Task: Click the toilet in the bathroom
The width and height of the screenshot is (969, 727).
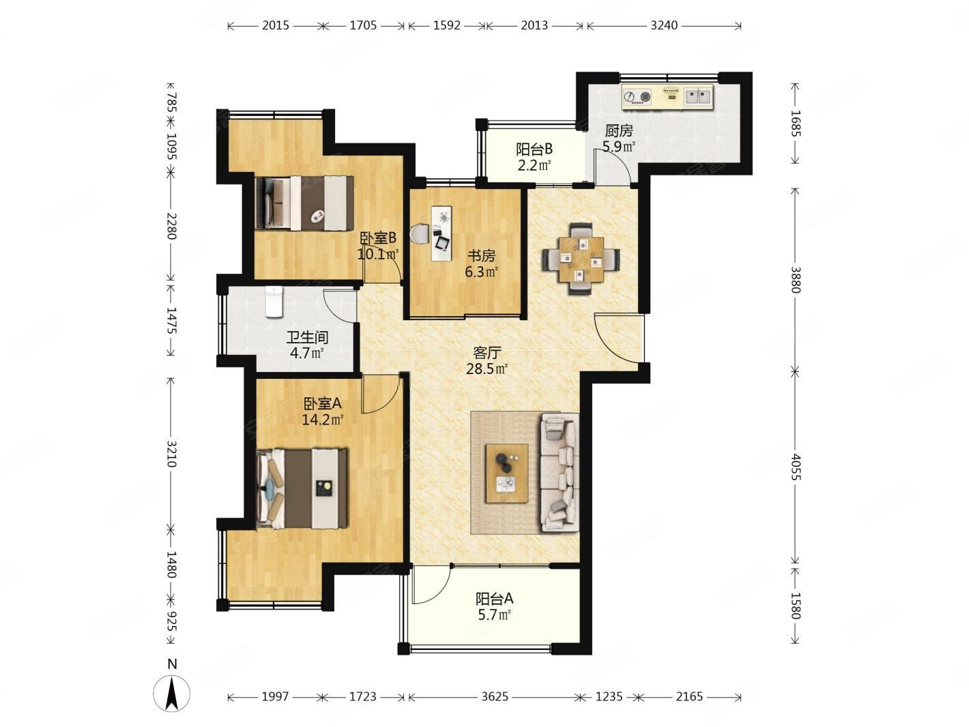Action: (274, 302)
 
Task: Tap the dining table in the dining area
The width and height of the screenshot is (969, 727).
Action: (581, 259)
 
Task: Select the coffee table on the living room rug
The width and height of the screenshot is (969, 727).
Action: (507, 474)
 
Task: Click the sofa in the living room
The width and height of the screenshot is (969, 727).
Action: (560, 473)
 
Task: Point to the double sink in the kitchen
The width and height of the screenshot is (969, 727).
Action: (698, 97)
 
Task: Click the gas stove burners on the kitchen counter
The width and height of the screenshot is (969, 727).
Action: (638, 97)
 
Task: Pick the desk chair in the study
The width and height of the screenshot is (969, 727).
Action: (419, 233)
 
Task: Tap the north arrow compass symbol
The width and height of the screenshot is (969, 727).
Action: (172, 693)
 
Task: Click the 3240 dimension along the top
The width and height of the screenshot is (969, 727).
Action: (664, 26)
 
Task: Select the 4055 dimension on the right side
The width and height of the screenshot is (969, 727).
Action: (796, 467)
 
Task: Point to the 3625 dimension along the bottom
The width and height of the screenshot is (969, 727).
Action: (495, 696)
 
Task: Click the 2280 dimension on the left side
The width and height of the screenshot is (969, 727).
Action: (172, 226)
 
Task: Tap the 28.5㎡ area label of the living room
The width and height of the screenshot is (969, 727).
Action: (487, 369)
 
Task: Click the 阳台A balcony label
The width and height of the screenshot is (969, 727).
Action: (495, 599)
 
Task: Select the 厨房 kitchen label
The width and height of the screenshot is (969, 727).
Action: (619, 130)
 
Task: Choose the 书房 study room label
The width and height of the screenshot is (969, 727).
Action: (481, 255)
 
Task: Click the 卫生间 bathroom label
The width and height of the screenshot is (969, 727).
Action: (307, 338)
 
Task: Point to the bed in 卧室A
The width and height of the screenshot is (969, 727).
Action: (302, 488)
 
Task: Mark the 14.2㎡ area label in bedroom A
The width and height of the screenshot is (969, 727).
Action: (323, 419)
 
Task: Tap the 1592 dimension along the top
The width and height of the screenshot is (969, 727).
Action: (447, 26)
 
